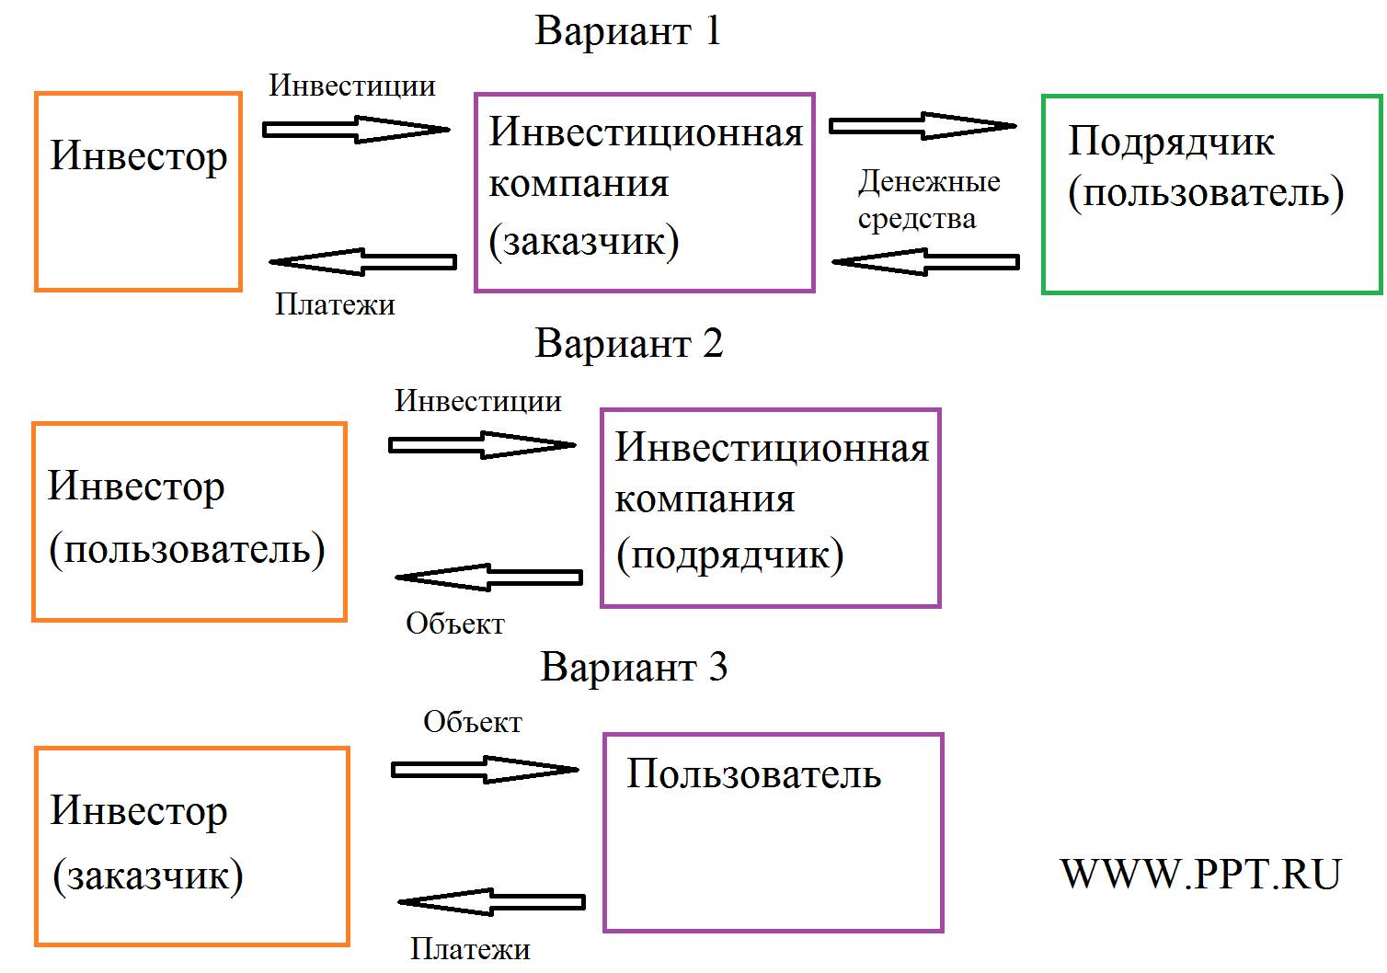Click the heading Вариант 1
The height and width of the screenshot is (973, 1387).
point(628,31)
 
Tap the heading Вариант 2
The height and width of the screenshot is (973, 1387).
point(629,344)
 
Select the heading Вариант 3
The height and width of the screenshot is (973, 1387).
point(634,668)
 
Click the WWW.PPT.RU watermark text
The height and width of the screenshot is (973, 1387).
point(1200,875)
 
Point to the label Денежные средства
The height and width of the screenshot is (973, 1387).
point(929,200)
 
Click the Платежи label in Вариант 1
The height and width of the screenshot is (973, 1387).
point(335,304)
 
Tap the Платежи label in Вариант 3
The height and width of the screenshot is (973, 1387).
point(470,949)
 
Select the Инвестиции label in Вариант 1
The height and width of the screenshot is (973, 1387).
point(351,86)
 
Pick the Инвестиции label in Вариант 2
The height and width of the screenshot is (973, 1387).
point(478,401)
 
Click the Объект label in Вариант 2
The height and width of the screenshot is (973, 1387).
point(455,624)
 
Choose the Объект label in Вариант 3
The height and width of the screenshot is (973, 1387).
point(473,722)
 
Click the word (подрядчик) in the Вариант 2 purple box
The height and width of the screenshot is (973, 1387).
point(730,554)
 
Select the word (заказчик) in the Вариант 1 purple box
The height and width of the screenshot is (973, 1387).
point(584,241)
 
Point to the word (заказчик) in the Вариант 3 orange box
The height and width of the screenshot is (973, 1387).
point(148,876)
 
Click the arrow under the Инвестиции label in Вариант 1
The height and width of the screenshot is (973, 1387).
point(357,130)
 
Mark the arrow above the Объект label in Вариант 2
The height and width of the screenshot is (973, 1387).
point(488,578)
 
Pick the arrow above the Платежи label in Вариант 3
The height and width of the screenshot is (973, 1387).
point(491,902)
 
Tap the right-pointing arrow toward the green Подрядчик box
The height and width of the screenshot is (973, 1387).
point(923,126)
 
